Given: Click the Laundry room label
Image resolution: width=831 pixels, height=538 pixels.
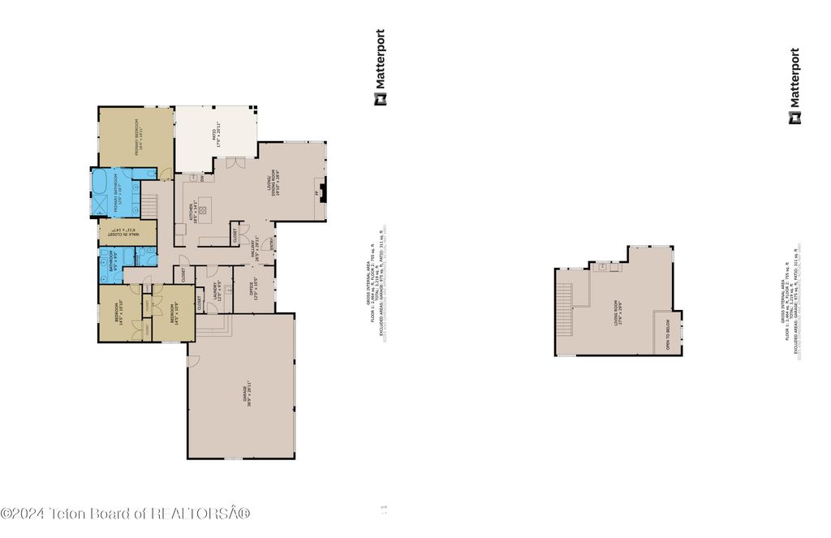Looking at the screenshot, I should (217, 291).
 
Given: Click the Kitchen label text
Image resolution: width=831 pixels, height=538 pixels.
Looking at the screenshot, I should (194, 213).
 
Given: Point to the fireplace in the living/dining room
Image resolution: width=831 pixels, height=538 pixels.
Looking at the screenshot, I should (323, 193).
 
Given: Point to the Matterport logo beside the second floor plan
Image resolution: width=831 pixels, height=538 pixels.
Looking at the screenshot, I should (794, 86).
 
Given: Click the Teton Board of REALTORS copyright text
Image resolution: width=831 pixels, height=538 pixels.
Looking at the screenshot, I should (126, 513).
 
